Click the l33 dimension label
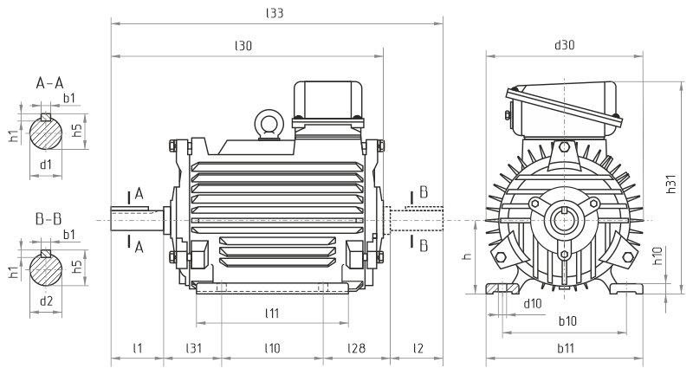[x=276, y=13]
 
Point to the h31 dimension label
[x=671, y=184]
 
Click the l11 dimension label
[x=271, y=312]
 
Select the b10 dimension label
[x=567, y=320]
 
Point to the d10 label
[x=533, y=303]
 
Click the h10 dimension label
[x=658, y=256]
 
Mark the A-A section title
[x=49, y=84]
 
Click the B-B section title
[x=49, y=218]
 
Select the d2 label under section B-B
[x=47, y=300]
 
